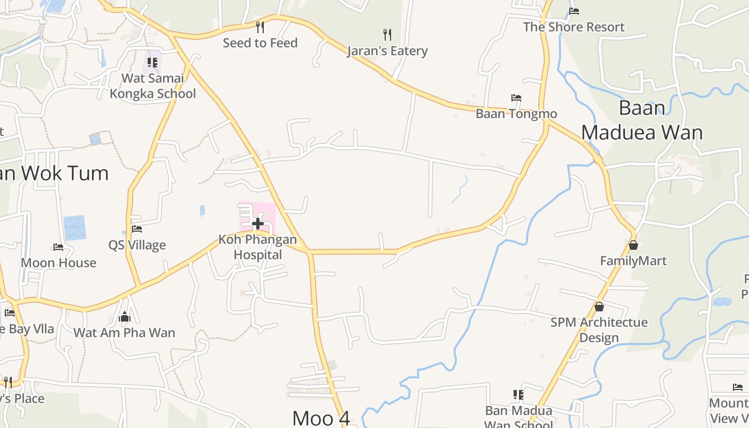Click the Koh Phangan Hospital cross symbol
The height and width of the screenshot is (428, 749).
pyautogui.click(x=258, y=223)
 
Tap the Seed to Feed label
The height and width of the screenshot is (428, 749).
pyautogui.click(x=260, y=43)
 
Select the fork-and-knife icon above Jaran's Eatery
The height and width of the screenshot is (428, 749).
pyautogui.click(x=387, y=35)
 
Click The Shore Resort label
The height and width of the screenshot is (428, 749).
pyautogui.click(x=574, y=27)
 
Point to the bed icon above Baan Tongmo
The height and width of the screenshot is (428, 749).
pyautogui.click(x=516, y=98)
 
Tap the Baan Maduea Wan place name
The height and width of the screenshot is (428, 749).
pyautogui.click(x=642, y=120)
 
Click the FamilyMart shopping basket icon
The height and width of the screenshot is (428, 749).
pyautogui.click(x=633, y=245)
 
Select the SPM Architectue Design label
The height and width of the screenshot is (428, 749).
pyautogui.click(x=599, y=330)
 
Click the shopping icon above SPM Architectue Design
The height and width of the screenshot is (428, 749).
pyautogui.click(x=599, y=307)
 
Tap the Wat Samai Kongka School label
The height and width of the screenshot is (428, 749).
pyautogui.click(x=153, y=86)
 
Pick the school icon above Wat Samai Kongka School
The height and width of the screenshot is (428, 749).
pyautogui.click(x=152, y=63)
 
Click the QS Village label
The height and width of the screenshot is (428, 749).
pyautogui.click(x=137, y=245)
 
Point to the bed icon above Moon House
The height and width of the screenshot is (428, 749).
pyautogui.click(x=58, y=247)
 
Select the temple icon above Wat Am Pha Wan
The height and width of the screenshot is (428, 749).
pyautogui.click(x=125, y=317)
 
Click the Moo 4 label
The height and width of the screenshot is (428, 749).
pyautogui.click(x=321, y=418)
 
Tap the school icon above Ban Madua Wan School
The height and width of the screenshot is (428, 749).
pyautogui.click(x=518, y=395)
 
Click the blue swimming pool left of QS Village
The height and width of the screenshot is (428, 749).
pyautogui.click(x=74, y=227)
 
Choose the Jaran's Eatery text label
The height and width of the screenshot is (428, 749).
pyautogui.click(x=387, y=51)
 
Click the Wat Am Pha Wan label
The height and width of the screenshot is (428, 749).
pyautogui.click(x=124, y=332)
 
